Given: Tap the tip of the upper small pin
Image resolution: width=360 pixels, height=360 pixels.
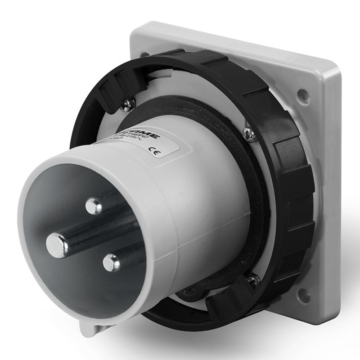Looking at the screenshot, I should (x=94, y=206).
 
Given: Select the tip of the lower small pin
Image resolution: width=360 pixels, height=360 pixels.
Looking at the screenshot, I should (x=111, y=262).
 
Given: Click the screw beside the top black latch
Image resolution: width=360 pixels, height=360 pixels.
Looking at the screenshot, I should (x=128, y=104).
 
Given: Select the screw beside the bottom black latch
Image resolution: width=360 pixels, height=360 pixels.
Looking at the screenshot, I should (x=254, y=281).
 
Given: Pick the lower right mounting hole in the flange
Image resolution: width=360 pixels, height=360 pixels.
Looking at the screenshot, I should (x=304, y=295).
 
